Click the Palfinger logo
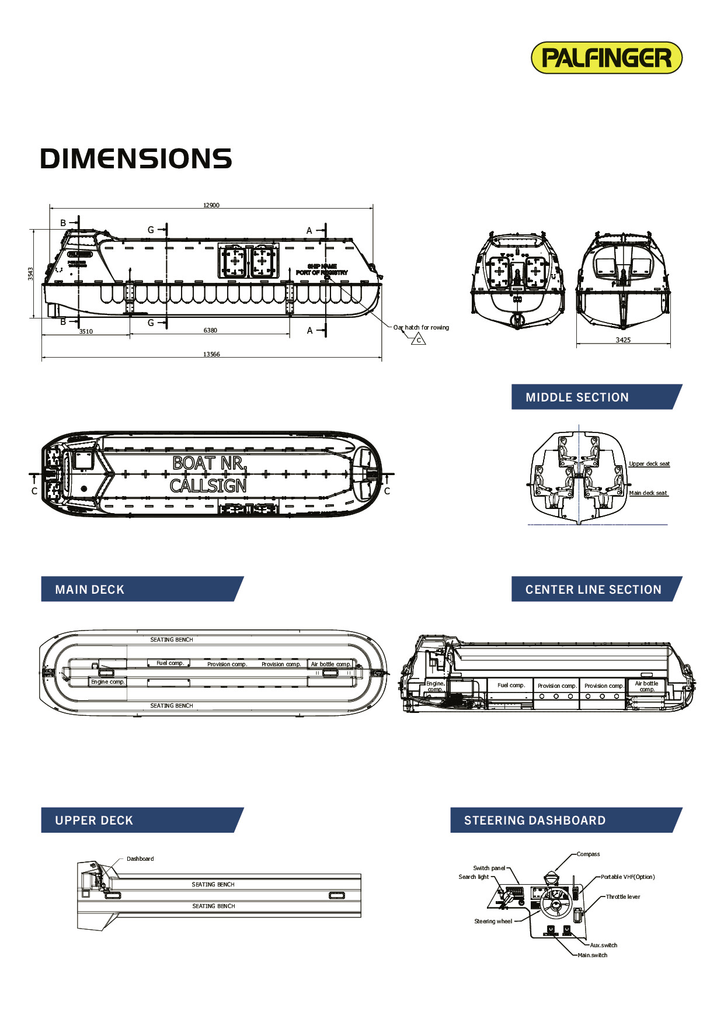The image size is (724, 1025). (x=606, y=58)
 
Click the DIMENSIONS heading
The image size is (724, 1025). (x=136, y=159)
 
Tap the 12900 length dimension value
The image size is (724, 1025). (x=211, y=205)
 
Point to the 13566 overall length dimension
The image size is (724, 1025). (x=211, y=354)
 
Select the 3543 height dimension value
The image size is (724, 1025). (x=30, y=273)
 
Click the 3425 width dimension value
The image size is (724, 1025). (x=623, y=340)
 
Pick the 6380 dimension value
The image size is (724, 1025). (x=210, y=330)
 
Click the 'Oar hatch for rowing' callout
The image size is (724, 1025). (x=421, y=327)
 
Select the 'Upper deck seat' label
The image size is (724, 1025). (x=649, y=463)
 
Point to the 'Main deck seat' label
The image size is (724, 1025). (x=648, y=493)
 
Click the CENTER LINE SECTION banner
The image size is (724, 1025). (x=593, y=589)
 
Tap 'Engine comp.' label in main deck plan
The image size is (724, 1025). (x=108, y=681)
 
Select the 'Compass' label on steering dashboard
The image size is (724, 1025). (x=588, y=854)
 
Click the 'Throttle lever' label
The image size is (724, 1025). (x=622, y=896)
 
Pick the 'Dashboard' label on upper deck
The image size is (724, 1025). (x=140, y=858)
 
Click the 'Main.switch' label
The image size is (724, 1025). (x=592, y=955)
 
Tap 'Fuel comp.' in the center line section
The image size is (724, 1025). (x=511, y=685)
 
